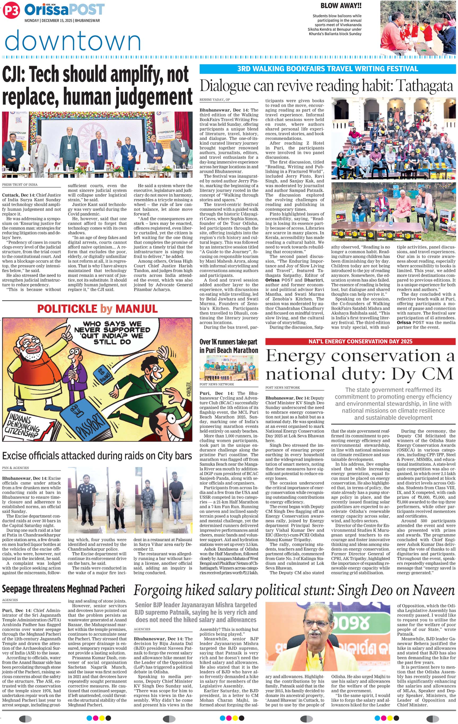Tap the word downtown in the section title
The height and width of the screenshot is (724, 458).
[73, 40]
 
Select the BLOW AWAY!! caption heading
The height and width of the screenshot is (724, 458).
[341, 6]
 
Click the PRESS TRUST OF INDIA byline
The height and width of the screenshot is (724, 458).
[20, 185]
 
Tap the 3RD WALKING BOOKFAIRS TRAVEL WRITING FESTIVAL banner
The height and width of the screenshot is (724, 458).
[327, 69]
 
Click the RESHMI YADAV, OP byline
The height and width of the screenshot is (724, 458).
[215, 100]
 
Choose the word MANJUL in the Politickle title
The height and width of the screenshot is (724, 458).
[136, 309]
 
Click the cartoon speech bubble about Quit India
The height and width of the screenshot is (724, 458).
[112, 333]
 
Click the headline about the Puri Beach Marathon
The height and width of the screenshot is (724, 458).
[229, 346]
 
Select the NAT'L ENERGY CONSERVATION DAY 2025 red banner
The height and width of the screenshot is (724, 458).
[360, 341]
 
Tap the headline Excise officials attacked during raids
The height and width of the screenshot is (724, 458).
[97, 456]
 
